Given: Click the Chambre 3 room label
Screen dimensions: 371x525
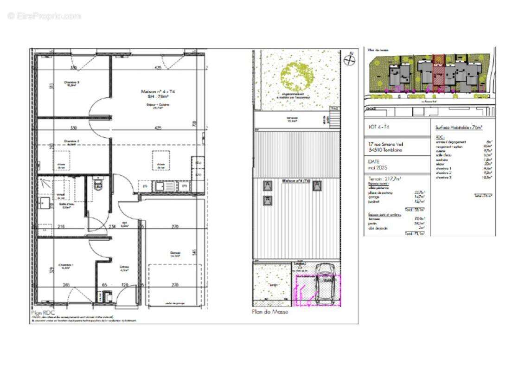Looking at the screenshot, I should tap(72, 83).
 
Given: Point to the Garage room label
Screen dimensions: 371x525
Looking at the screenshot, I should tap(175, 253).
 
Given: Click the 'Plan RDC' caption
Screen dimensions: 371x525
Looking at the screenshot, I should tap(43, 313).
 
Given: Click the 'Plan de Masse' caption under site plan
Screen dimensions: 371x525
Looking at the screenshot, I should tap(269, 312).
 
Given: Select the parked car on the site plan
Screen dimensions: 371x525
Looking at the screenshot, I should tap(325, 283).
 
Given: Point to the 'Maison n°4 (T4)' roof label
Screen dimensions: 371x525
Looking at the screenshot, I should tap(296, 181).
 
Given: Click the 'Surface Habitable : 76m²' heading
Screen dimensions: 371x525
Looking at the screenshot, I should tap(459, 127).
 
